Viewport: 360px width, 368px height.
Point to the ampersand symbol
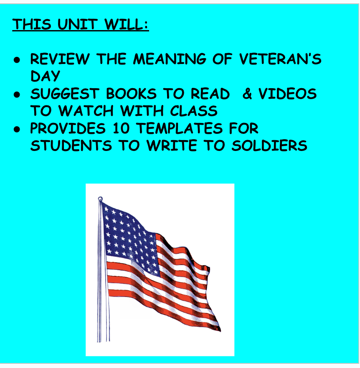248,94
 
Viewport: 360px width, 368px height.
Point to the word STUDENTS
71,146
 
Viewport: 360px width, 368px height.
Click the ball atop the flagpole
100,199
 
